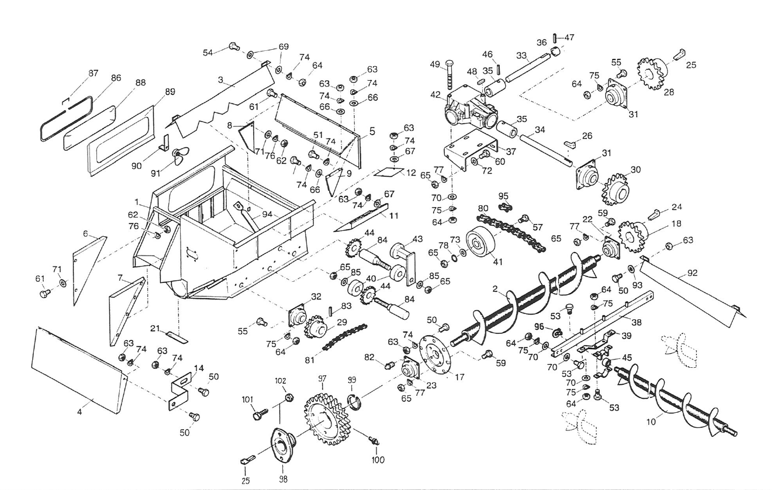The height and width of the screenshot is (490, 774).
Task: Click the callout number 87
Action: tap(93, 73)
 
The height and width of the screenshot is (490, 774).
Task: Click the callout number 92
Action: tap(693, 272)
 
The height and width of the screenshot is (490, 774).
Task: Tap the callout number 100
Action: tap(378, 460)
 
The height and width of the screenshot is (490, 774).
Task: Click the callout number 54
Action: tap(208, 52)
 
